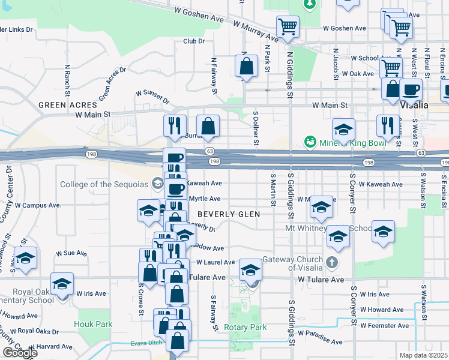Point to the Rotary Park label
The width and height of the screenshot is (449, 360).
click(x=245, y=328)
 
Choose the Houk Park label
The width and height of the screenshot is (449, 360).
click(x=93, y=324)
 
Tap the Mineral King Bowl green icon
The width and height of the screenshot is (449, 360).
click(x=310, y=142)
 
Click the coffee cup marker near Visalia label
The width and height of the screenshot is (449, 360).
click(x=411, y=90)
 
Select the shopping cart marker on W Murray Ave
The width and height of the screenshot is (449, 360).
click(x=288, y=26)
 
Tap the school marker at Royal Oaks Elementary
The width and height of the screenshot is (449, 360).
click(x=61, y=284)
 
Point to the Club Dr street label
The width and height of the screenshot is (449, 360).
click(x=194, y=41)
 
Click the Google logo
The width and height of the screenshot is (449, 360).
click(x=20, y=353)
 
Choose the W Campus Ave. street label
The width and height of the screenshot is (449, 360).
click(x=38, y=205)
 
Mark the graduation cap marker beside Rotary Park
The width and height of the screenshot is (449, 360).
click(x=250, y=270)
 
